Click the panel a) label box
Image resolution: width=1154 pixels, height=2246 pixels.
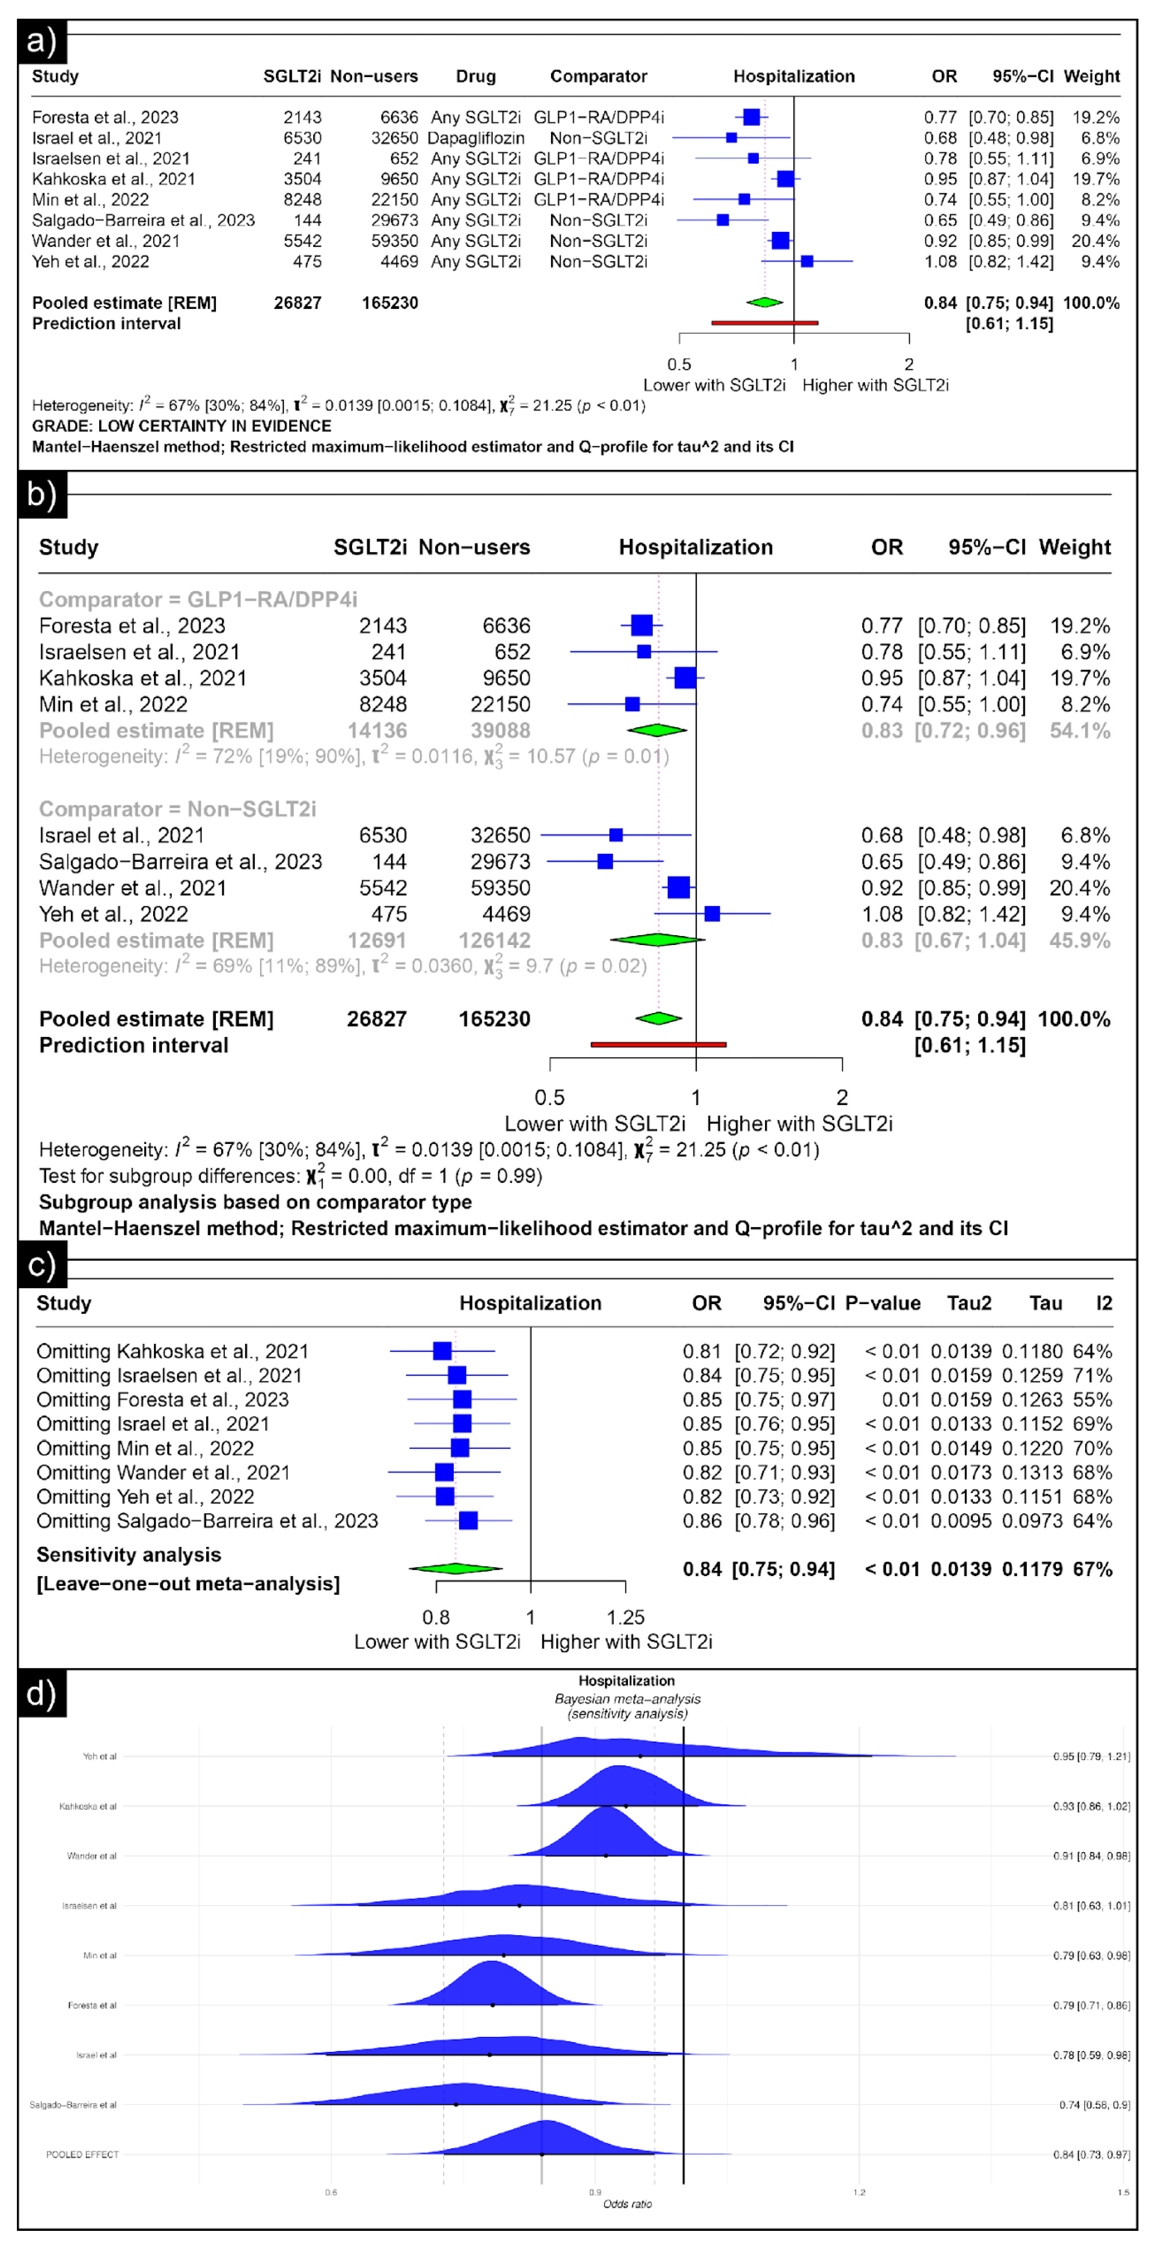tap(41, 41)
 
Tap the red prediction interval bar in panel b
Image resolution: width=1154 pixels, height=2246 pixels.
tap(658, 1044)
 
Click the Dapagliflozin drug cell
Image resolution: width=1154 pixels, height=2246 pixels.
tap(476, 138)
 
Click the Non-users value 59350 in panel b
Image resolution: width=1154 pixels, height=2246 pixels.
tap(500, 888)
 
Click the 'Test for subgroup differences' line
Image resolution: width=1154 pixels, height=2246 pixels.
tap(290, 1176)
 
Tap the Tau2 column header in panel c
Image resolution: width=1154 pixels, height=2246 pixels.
tap(969, 1303)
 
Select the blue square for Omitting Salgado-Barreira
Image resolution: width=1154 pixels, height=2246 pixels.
tap(468, 1520)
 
